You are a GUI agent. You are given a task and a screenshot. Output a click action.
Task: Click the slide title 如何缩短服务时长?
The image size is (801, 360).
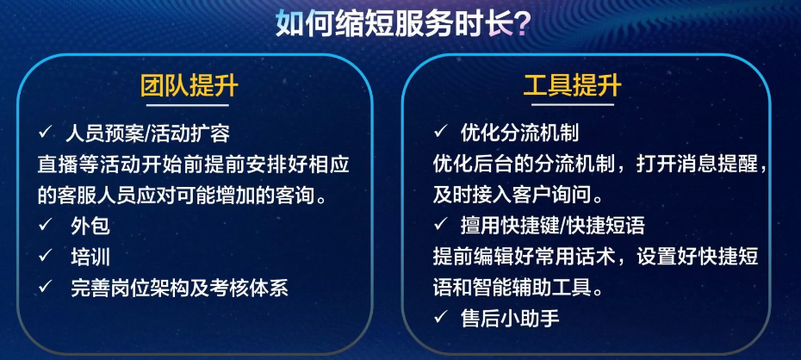[402, 23]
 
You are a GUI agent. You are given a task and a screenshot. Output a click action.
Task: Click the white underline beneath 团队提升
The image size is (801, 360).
[188, 105]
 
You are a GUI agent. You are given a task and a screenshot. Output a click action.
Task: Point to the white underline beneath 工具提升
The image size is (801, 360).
[572, 105]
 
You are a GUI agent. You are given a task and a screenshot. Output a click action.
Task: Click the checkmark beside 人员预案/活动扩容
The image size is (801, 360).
[45, 133]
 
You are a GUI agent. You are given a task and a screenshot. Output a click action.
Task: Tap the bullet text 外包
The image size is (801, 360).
[90, 226]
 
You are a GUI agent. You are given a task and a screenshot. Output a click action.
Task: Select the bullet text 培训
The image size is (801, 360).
[90, 257]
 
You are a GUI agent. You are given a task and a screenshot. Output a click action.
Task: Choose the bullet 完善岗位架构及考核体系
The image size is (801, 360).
[179, 288]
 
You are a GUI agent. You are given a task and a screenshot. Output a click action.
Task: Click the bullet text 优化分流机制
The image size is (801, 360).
[519, 133]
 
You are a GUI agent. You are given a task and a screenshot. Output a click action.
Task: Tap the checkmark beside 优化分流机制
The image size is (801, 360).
[439, 133]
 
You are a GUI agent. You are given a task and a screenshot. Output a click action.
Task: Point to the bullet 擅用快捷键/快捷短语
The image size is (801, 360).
[552, 226]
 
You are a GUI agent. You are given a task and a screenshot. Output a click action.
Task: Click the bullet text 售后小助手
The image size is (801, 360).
[510, 318]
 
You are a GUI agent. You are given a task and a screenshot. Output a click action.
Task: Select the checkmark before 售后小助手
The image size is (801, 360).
[439, 318]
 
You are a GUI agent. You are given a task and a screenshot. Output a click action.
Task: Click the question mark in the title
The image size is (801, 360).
[521, 23]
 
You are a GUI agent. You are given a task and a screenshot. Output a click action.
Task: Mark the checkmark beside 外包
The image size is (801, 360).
[45, 225]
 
